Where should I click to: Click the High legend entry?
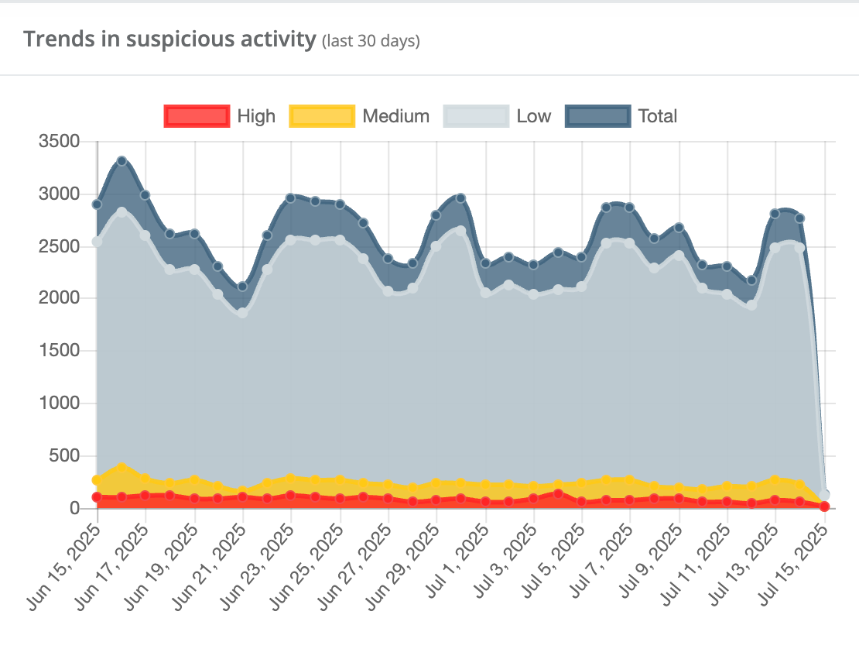[x=220, y=116]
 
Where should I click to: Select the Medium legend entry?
[x=360, y=116]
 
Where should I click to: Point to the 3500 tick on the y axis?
[x=59, y=142]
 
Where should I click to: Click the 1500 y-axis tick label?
[x=59, y=351]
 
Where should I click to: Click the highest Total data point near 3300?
[x=121, y=161]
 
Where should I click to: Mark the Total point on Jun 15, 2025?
[x=97, y=204]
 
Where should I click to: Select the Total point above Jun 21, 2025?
[x=242, y=287]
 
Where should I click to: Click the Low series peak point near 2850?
[x=121, y=211]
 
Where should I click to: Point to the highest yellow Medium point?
[x=121, y=467]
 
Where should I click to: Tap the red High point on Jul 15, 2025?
[x=824, y=506]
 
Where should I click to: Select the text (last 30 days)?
[x=371, y=41]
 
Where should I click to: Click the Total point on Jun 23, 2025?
[x=291, y=198]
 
